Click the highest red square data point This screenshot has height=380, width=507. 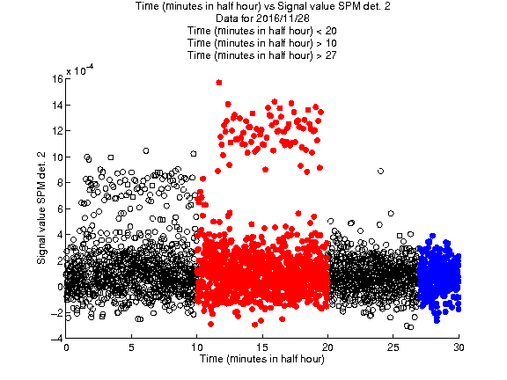click(x=219, y=83)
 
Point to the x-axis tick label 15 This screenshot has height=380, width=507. click(x=262, y=347)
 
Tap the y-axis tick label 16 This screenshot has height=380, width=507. click(x=57, y=79)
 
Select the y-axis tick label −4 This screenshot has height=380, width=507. click(x=57, y=339)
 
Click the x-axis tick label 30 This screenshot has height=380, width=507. click(x=459, y=347)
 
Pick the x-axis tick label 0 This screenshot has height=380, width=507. click(x=66, y=347)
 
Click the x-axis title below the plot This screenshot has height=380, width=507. click(x=262, y=359)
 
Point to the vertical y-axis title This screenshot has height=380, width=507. click(x=41, y=208)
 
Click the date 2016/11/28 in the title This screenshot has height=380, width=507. click(x=280, y=18)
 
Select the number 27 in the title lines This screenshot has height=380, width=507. click(x=331, y=55)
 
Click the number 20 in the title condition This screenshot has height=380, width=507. click(x=331, y=31)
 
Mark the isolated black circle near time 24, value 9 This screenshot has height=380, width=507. click(x=380, y=171)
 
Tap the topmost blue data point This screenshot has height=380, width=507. click(x=433, y=236)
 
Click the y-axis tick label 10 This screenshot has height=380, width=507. click(x=57, y=157)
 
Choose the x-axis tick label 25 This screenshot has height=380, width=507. click(x=393, y=347)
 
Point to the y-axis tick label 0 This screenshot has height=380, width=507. click(x=60, y=287)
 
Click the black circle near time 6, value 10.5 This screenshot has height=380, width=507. click(x=146, y=150)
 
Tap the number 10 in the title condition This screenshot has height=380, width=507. click(x=331, y=43)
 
